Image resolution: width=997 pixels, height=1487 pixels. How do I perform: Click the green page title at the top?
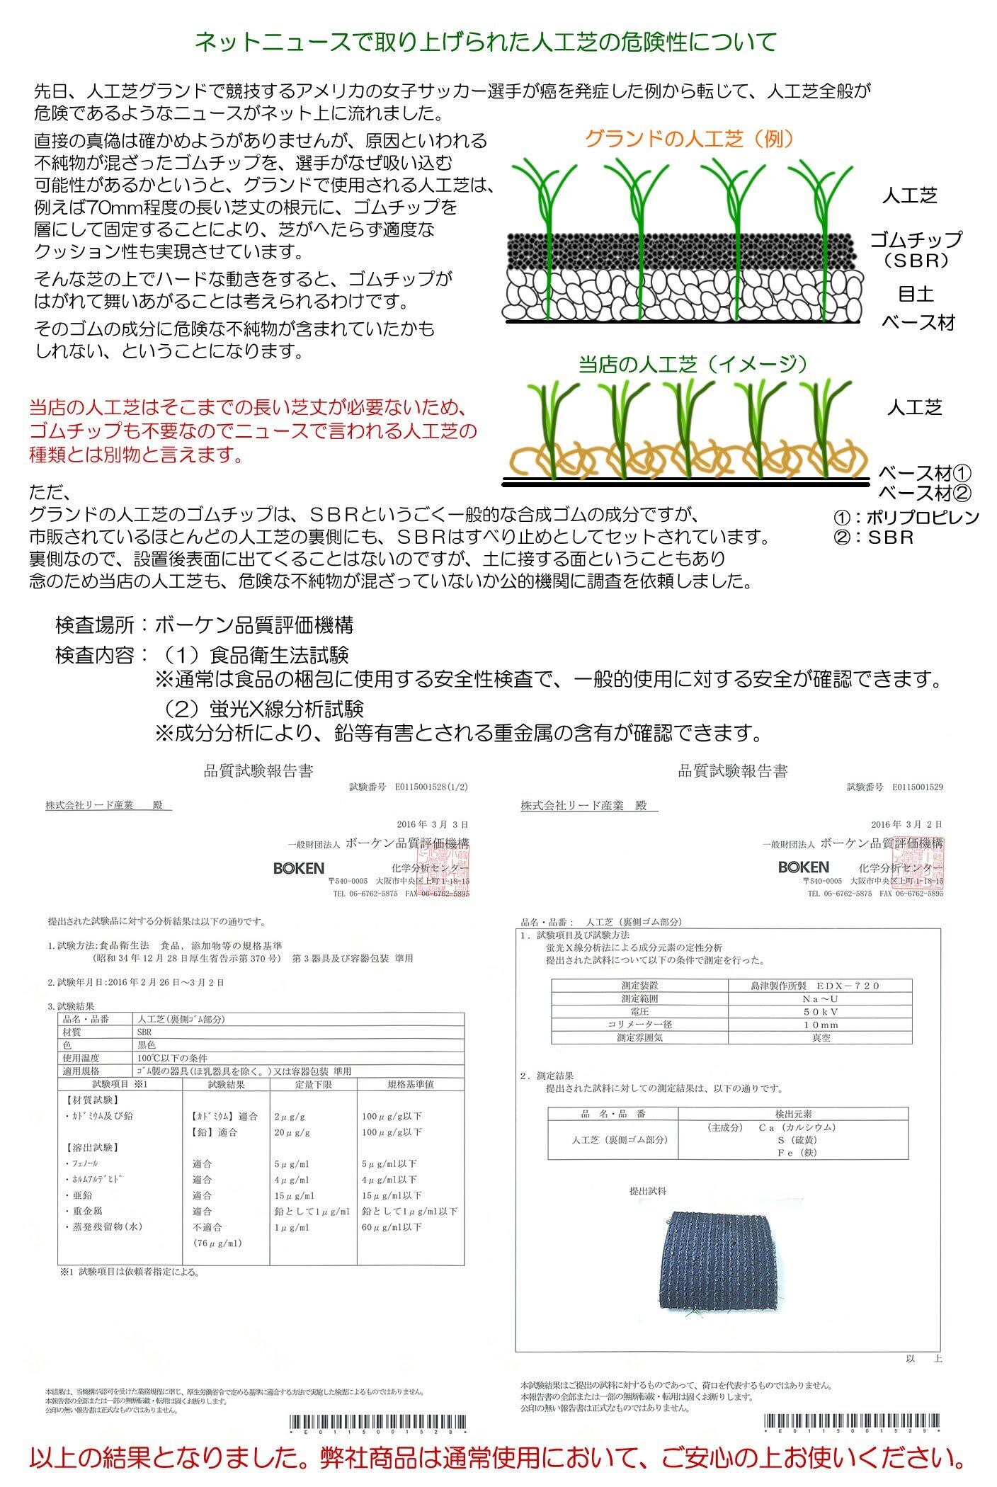pos(486,42)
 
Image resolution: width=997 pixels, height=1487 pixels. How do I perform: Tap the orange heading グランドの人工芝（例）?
pos(688,139)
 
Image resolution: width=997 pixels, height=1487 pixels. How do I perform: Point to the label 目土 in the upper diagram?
pos(916,293)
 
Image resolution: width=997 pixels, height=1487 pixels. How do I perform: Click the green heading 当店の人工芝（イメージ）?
pos(693,364)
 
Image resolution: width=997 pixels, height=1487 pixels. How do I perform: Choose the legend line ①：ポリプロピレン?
pos(907,517)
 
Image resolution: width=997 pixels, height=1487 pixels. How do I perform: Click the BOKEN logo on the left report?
pos(298,868)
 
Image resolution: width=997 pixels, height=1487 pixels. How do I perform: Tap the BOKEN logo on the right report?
pos(803,867)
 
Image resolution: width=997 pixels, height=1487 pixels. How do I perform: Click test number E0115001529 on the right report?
pos(917,787)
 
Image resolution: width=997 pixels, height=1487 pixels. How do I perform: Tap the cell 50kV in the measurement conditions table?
pos(820,1012)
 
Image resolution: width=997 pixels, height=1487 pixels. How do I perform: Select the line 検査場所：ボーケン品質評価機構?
pos(204,625)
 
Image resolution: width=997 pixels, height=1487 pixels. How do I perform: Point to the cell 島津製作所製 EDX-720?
pos(820,986)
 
